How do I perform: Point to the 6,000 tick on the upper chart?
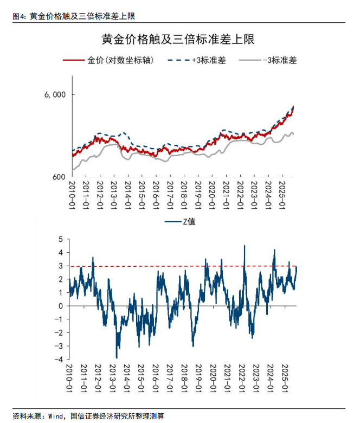click(55, 94)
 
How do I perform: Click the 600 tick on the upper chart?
click(58, 177)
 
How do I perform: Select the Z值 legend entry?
click(185, 222)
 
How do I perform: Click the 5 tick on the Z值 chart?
click(61, 239)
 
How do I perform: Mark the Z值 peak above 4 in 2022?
click(245, 246)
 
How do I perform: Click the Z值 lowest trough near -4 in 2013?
click(117, 357)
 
